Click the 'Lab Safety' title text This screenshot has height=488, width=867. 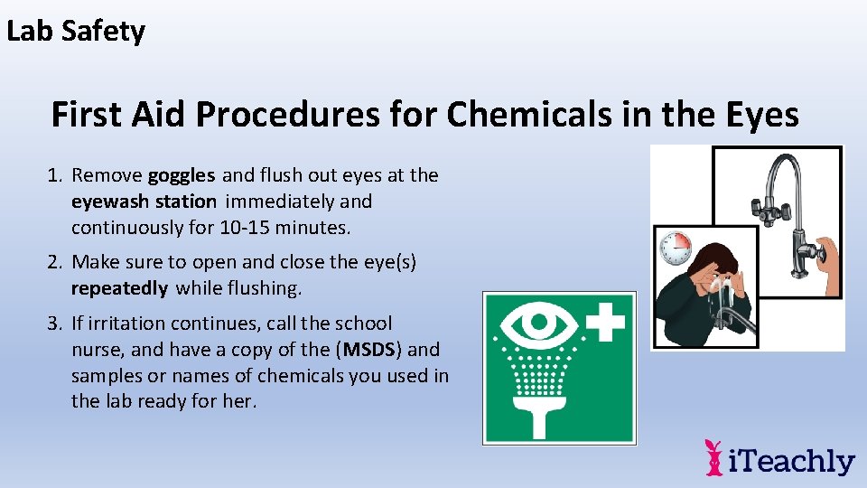pyautogui.click(x=76, y=32)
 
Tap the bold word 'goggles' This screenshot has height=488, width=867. pyautogui.click(x=182, y=175)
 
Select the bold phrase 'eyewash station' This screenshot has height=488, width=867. pyautogui.click(x=144, y=202)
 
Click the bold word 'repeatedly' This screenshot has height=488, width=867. pyautogui.click(x=119, y=288)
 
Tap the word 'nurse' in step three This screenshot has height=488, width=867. pyautogui.click(x=97, y=349)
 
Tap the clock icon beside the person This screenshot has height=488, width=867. pyautogui.click(x=676, y=247)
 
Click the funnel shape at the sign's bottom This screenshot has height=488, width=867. pyautogui.click(x=557, y=420)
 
